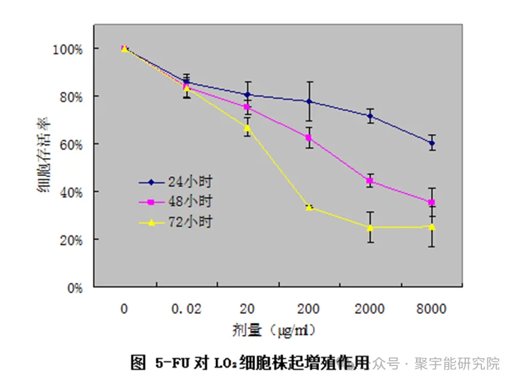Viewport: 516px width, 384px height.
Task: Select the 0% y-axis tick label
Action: click(x=72, y=288)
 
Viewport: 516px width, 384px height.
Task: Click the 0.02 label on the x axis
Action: click(x=186, y=309)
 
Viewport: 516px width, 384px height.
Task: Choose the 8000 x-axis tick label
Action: click(x=431, y=309)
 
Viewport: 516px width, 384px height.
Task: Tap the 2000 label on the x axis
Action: click(x=370, y=309)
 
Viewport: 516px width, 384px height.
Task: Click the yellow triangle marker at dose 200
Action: click(x=309, y=207)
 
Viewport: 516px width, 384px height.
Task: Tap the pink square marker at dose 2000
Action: click(x=370, y=181)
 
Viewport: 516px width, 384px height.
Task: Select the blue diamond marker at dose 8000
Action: click(x=432, y=143)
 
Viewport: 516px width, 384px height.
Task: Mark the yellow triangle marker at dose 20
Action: click(x=247, y=128)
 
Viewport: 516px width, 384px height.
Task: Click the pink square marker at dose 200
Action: click(x=309, y=138)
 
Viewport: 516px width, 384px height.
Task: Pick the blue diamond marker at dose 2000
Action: click(x=370, y=116)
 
